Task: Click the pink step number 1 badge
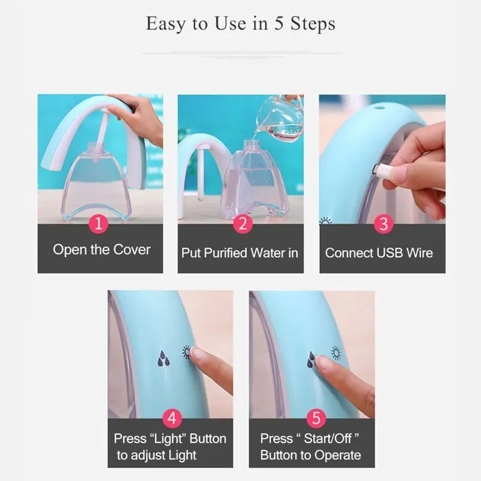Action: click(x=99, y=224)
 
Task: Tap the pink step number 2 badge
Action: click(x=243, y=224)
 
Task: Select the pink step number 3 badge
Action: click(x=384, y=224)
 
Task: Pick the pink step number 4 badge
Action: click(x=172, y=418)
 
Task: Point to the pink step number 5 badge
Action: click(x=316, y=418)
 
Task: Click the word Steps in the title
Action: click(x=313, y=23)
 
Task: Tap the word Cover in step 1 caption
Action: click(x=132, y=250)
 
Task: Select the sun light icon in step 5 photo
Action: click(x=336, y=354)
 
